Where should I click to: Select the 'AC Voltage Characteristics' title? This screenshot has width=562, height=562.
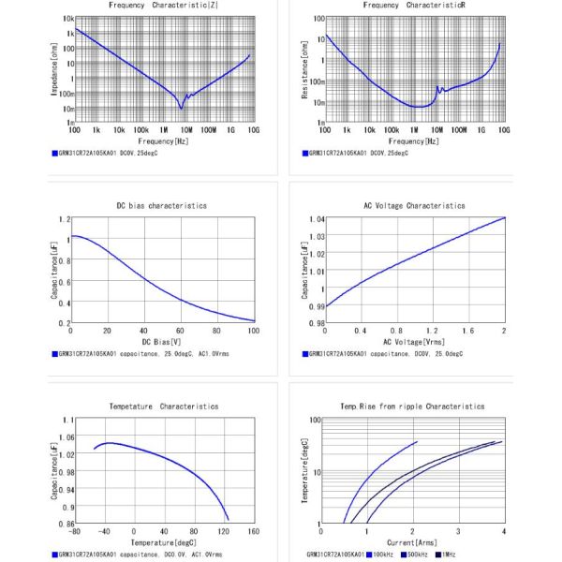(x=414, y=205)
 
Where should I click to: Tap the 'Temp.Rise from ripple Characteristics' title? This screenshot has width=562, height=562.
(x=414, y=407)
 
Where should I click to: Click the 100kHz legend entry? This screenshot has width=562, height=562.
(x=378, y=555)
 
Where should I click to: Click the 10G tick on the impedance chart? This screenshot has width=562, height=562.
(x=253, y=130)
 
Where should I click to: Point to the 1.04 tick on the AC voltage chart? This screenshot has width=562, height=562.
(x=316, y=218)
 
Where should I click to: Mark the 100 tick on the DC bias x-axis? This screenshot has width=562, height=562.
(x=253, y=331)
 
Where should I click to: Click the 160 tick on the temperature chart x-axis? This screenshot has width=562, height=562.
(x=253, y=532)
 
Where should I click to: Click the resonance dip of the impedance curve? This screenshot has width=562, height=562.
(x=182, y=109)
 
